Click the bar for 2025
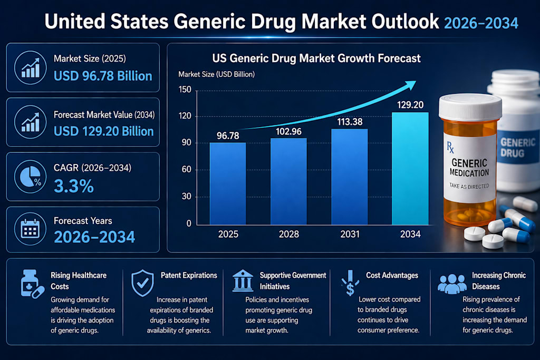(228, 184)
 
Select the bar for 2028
(288, 182)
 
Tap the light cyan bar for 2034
(410, 169)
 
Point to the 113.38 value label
(350, 122)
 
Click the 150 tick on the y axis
(185, 90)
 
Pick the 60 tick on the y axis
(186, 169)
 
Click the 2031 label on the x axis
(350, 235)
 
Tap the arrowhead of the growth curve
(410, 85)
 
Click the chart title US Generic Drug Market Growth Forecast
(316, 59)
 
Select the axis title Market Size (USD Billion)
(216, 74)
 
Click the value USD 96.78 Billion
(103, 76)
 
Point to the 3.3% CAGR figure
(74, 186)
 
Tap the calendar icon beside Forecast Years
(30, 229)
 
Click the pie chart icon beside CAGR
(30, 177)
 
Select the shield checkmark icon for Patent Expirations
(142, 283)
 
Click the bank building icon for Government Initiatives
(243, 280)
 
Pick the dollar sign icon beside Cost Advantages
(350, 283)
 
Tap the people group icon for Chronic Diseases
(452, 284)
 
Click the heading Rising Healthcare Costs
(79, 281)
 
